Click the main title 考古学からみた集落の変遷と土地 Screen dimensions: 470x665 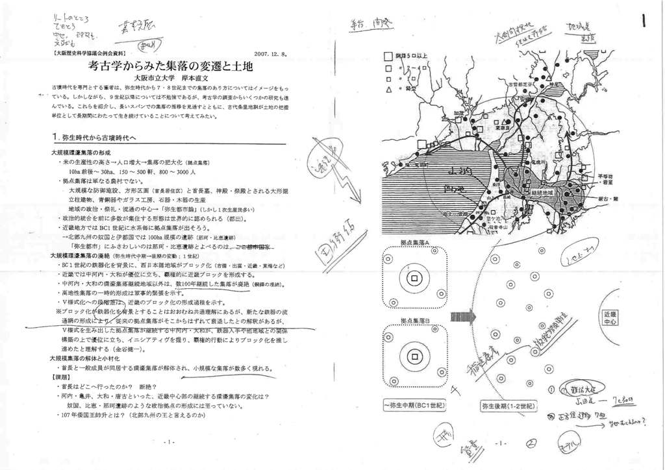click(169, 65)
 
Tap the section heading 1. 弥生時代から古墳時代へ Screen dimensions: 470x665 click(94, 138)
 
